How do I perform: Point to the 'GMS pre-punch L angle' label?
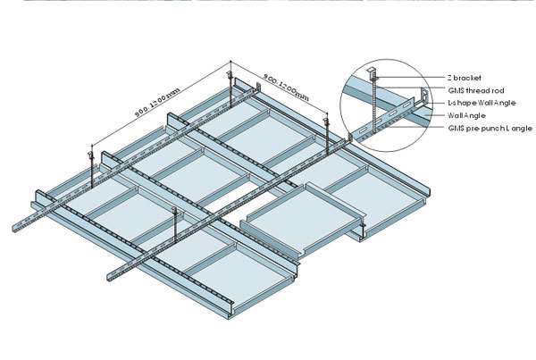pos(490,129)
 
